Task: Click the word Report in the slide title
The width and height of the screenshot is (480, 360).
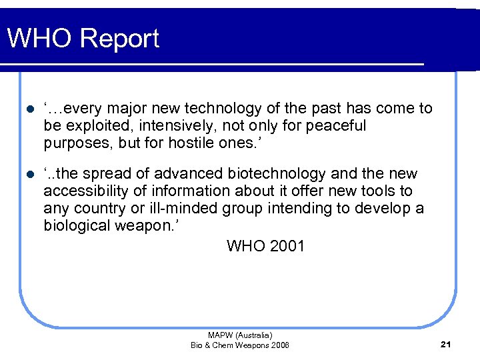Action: pyautogui.click(x=121, y=39)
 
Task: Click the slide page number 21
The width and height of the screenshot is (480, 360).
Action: pyautogui.click(x=447, y=344)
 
